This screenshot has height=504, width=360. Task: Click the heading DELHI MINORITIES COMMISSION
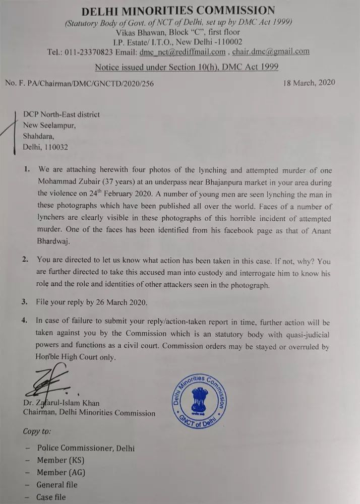tap(179, 10)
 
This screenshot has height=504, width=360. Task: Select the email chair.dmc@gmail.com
tap(271, 51)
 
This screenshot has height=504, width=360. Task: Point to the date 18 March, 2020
tap(309, 83)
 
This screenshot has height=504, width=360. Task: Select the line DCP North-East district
tap(62, 114)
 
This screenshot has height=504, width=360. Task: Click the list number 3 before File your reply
tap(24, 302)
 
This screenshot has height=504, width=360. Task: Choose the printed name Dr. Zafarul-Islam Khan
tap(61, 403)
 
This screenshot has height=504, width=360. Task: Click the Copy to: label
tap(37, 431)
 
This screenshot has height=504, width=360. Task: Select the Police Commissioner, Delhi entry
tap(86, 448)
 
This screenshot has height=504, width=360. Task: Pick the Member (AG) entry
tap(61, 473)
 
